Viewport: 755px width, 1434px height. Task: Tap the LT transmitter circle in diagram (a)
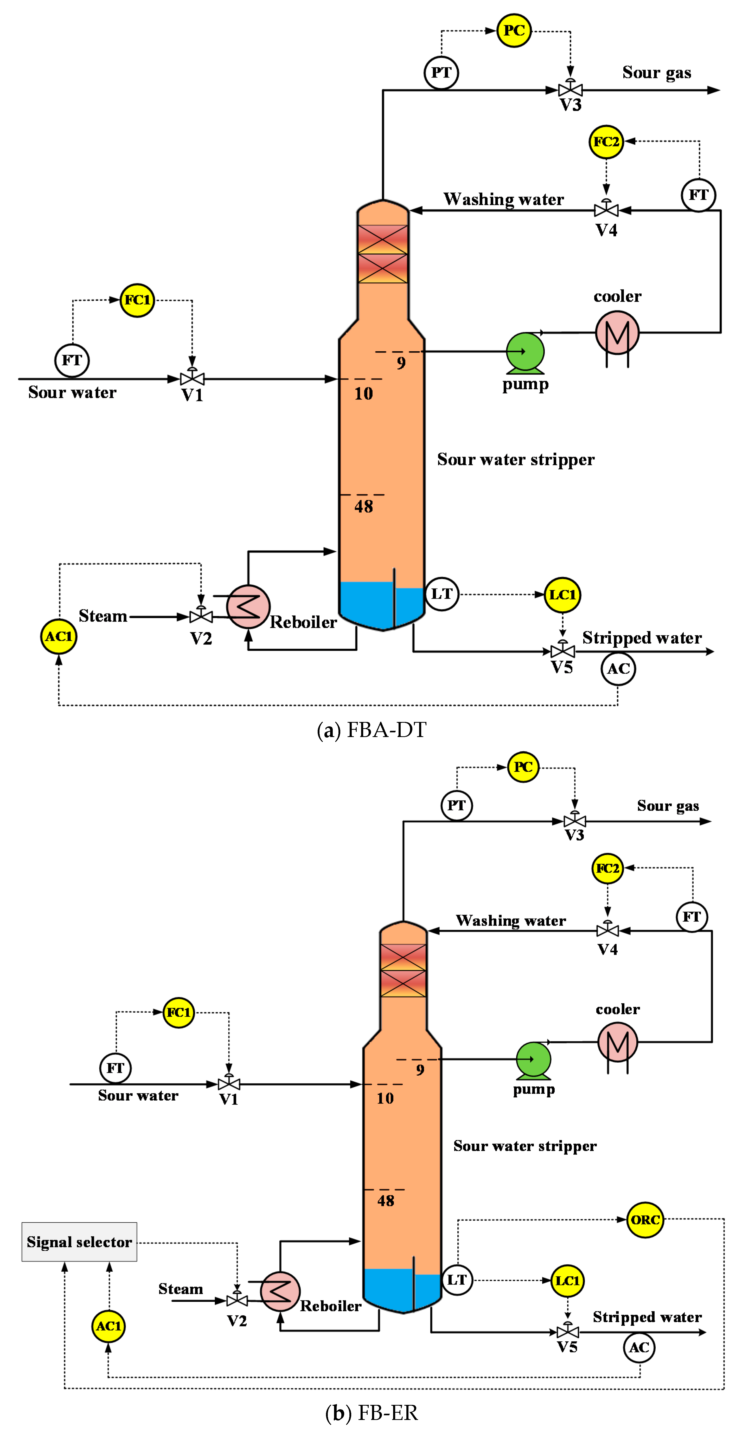coord(442,594)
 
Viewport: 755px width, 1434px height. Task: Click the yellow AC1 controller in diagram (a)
coord(59,636)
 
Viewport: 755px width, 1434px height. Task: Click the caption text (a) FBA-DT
coord(371,730)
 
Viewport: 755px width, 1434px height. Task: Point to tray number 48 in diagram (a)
coord(363,506)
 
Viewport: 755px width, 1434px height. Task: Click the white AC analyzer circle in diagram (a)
coord(618,669)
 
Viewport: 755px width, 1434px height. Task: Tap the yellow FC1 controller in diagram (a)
coord(137,300)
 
